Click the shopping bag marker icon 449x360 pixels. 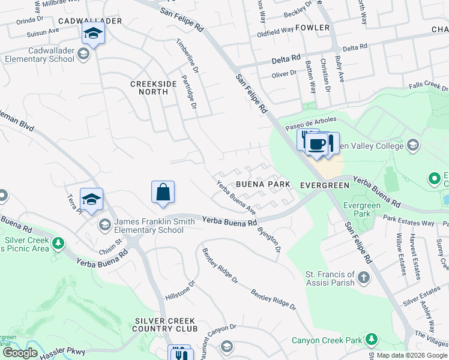pos(163,193)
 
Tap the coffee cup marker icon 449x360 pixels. pos(316,145)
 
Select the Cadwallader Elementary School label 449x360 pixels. pos(38,55)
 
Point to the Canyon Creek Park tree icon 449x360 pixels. pos(372,340)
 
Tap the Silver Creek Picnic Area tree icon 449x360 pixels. pos(58,244)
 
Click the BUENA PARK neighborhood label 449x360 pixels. pos(263,185)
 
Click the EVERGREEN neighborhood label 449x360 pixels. pos(324,185)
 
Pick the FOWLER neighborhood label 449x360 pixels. pos(312,28)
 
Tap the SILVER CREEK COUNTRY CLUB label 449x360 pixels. pos(166,325)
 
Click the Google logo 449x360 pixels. pos(20,353)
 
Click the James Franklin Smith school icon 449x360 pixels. pos(104,225)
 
